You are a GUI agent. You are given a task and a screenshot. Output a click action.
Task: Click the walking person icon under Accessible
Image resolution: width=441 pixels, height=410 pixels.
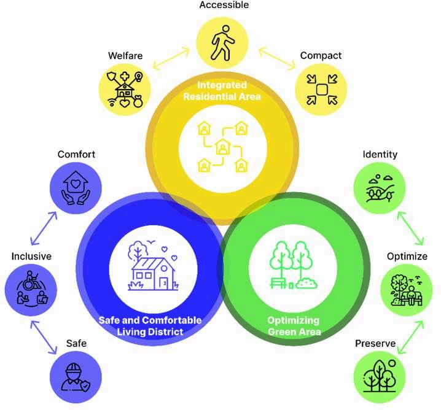pyautogui.click(x=223, y=43)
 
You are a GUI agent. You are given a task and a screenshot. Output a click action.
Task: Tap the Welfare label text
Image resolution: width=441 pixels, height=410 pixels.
pyautogui.click(x=125, y=56)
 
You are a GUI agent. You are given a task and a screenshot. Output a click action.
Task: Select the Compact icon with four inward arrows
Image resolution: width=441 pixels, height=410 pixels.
pyautogui.click(x=322, y=90)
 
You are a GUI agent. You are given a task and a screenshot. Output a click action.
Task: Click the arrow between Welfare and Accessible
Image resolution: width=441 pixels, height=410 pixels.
pyautogui.click(x=171, y=58)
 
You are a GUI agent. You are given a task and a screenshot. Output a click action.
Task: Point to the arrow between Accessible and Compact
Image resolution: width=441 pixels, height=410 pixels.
pyautogui.click(x=277, y=58)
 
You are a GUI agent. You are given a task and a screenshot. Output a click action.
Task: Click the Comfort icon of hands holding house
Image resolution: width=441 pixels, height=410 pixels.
pyautogui.click(x=76, y=188)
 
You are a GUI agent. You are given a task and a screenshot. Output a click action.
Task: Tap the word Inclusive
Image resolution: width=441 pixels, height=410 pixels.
pyautogui.click(x=31, y=257)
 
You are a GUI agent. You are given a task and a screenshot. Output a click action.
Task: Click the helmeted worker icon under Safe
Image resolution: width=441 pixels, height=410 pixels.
pyautogui.click(x=76, y=377)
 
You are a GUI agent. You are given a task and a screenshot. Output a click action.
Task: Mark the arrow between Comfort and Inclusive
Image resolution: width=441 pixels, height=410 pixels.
pyautogui.click(x=44, y=228)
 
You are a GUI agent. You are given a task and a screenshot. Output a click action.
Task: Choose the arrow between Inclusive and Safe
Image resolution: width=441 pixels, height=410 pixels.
pyautogui.click(x=44, y=338)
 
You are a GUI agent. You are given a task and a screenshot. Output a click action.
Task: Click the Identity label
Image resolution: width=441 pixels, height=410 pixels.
pyautogui.click(x=380, y=154)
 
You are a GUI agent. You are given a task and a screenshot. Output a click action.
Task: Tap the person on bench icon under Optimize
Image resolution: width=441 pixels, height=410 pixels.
pyautogui.click(x=407, y=290)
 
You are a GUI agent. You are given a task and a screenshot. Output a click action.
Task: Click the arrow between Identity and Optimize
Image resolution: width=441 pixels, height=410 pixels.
pyautogui.click(x=410, y=228)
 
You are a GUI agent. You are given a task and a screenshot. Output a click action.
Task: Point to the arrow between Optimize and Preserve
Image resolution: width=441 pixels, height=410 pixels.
pyautogui.click(x=410, y=337)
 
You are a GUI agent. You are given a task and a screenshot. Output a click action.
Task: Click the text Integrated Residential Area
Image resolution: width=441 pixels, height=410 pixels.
pyautogui.click(x=222, y=91)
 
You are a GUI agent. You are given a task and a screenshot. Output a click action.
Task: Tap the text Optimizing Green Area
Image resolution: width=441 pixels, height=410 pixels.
pyautogui.click(x=294, y=326)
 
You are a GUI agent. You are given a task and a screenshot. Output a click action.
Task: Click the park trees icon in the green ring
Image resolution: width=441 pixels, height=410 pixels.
pyautogui.click(x=294, y=265)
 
